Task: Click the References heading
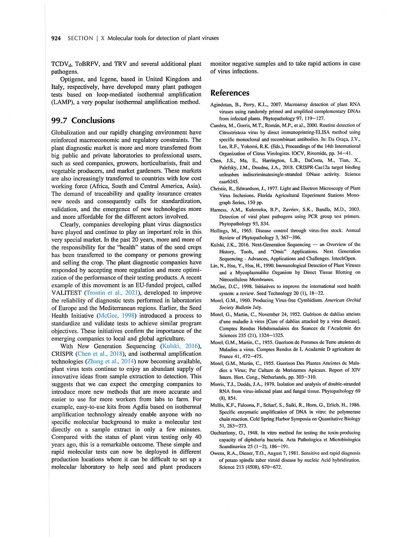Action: pos(229,93)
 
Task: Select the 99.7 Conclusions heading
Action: pos(83,120)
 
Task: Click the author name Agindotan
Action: pos(222,105)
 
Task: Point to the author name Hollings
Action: pos(221,231)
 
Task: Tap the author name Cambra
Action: pos(219,125)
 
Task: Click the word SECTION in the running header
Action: pos(80,38)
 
